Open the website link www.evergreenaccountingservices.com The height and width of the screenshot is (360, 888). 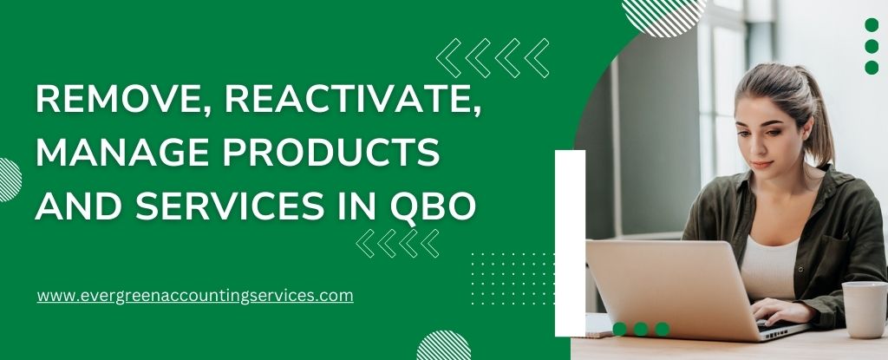click(x=195, y=295)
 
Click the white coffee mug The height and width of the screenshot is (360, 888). click(x=864, y=309)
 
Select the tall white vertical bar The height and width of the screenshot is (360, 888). click(x=570, y=243)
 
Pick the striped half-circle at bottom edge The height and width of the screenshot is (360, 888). click(x=443, y=349)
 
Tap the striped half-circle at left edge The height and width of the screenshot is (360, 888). click(x=8, y=180)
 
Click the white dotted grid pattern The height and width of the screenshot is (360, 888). click(x=512, y=278)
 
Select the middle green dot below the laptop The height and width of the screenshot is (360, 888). click(x=641, y=329)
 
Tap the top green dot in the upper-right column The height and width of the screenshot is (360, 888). click(x=872, y=25)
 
